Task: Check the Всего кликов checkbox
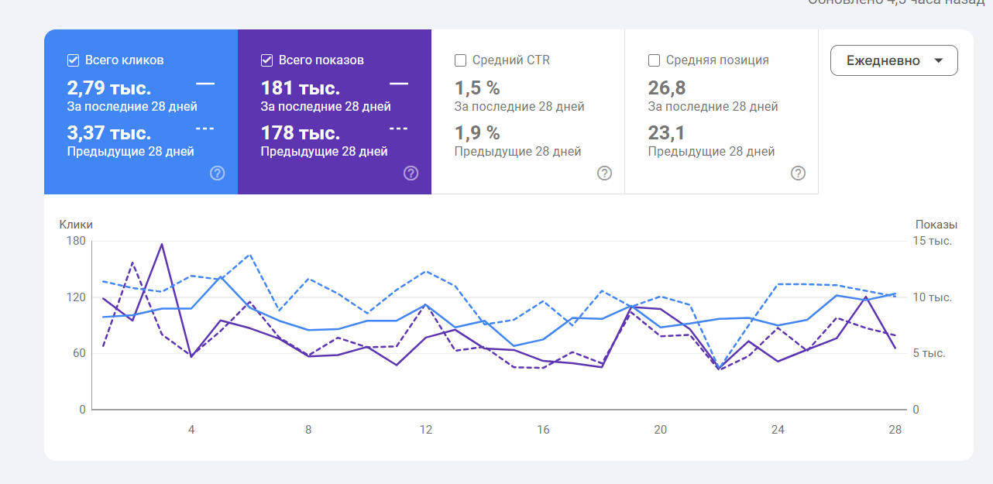tap(74, 60)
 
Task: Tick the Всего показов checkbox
tap(267, 60)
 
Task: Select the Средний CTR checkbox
tap(461, 60)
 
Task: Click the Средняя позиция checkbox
tap(655, 60)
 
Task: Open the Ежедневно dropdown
tap(894, 60)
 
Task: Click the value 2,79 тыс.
tap(109, 88)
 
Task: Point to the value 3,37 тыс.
tap(109, 132)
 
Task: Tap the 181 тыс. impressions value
tap(301, 88)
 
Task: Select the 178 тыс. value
tap(301, 132)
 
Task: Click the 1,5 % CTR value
tap(477, 88)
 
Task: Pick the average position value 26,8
tap(667, 88)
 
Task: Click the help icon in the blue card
tap(218, 173)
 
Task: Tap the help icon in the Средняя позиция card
tap(798, 173)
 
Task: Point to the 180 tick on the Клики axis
tap(76, 241)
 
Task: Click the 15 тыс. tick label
tap(933, 241)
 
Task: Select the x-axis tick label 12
tap(425, 430)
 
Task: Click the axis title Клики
tap(76, 225)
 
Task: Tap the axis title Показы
tap(936, 225)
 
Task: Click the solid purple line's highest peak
tap(162, 244)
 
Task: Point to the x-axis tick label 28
tap(895, 430)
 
